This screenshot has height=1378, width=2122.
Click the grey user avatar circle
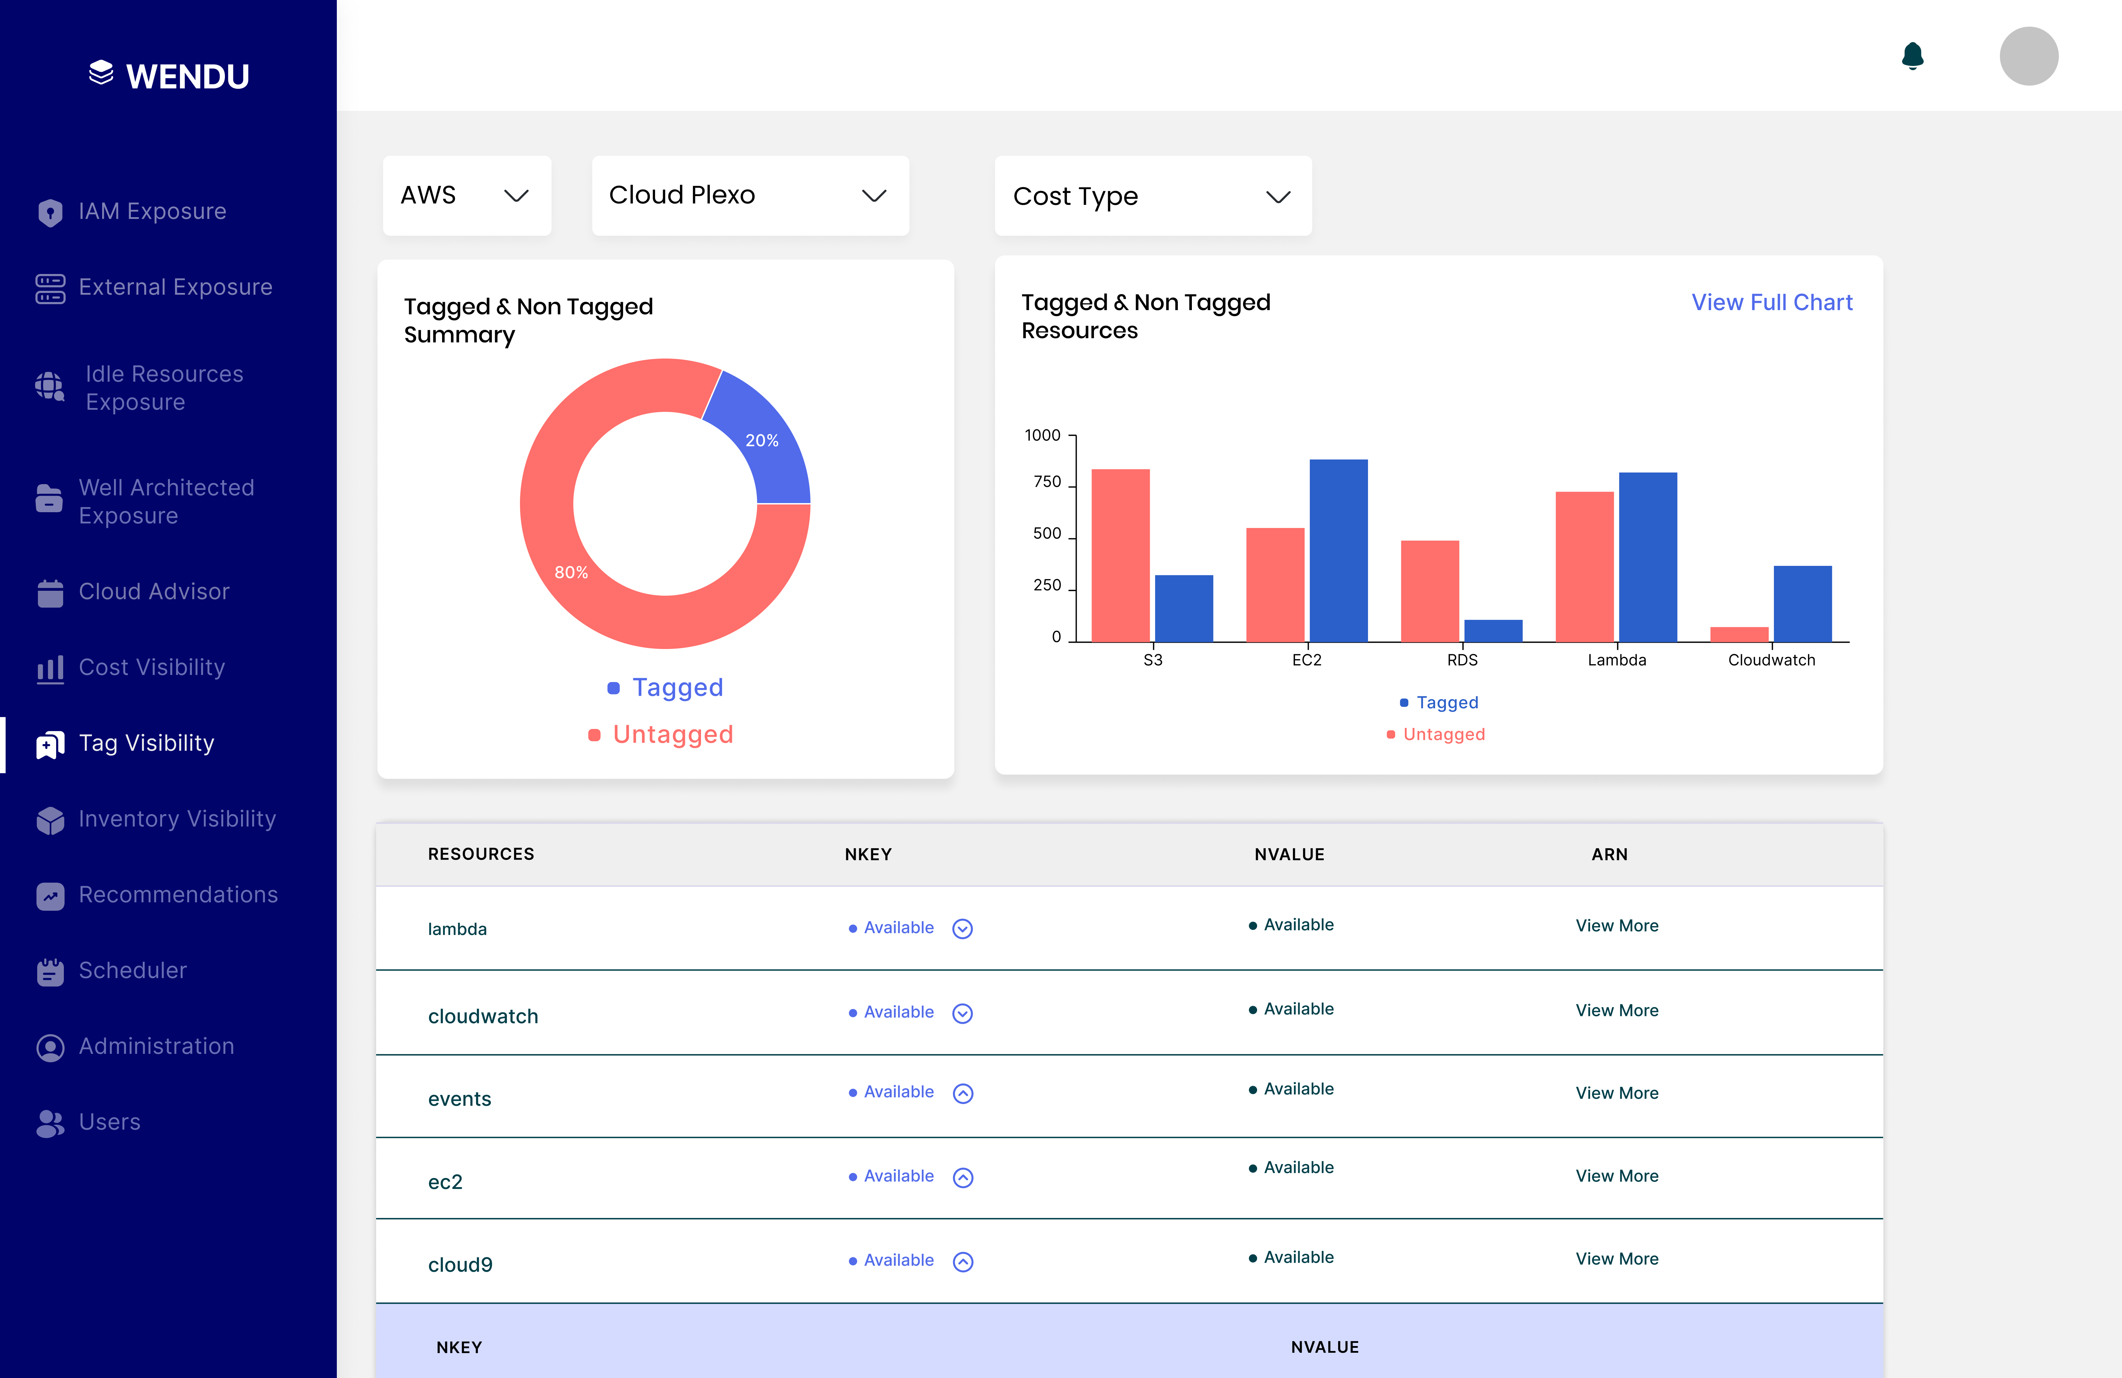click(x=2028, y=56)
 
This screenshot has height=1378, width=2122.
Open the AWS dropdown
click(x=466, y=195)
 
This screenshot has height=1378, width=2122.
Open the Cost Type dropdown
click(x=1152, y=196)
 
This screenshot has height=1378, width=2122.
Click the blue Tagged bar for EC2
click(x=1337, y=550)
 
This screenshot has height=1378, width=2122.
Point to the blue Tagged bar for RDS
click(x=1493, y=630)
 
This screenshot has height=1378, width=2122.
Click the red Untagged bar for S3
click(x=1120, y=554)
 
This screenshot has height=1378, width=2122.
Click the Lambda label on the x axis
click(x=1616, y=660)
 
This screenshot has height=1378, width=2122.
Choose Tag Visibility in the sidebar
click(x=146, y=743)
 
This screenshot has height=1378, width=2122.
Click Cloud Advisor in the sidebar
click(x=153, y=592)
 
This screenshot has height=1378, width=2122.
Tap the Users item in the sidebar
click(x=109, y=1122)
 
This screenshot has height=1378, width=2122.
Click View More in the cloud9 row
click(x=1616, y=1259)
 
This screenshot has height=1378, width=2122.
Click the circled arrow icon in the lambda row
click(x=962, y=929)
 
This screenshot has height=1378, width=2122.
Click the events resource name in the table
click(x=459, y=1099)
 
